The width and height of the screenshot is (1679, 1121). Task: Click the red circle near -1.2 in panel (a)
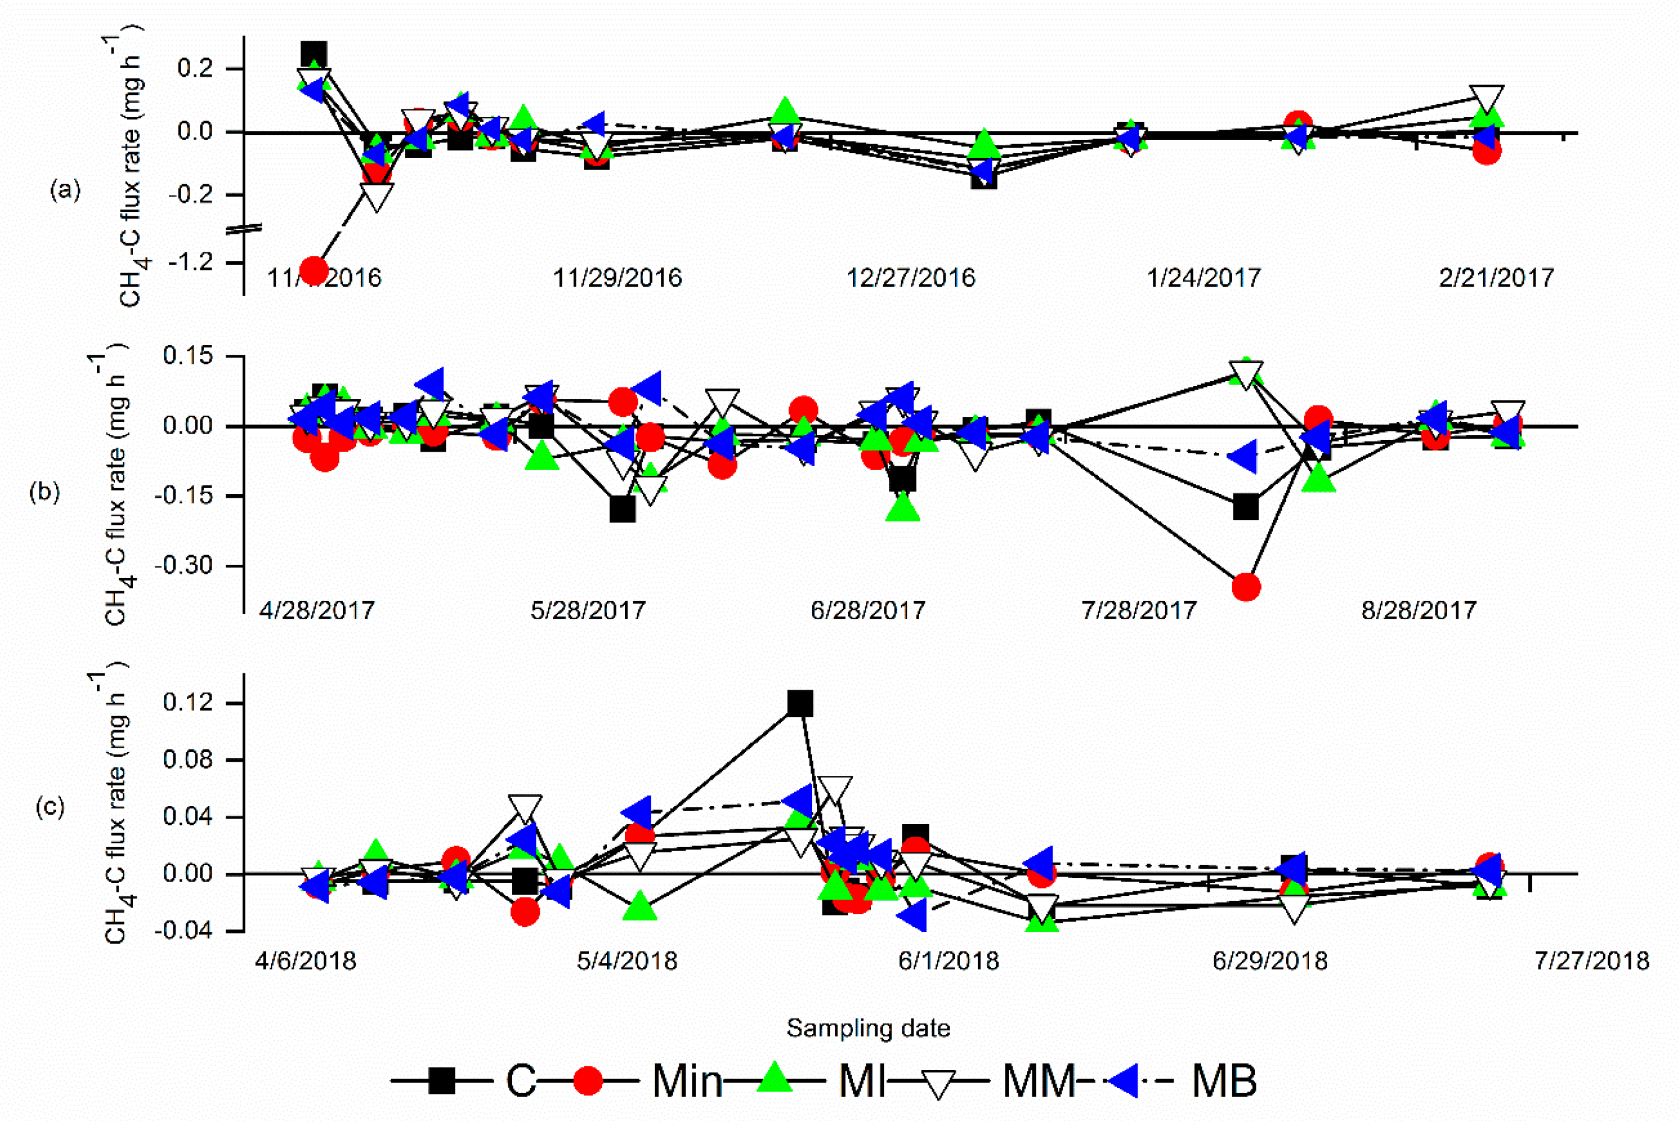click(x=314, y=270)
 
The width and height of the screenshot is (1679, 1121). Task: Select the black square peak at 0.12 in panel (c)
click(x=800, y=704)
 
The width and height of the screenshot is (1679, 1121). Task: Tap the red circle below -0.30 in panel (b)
click(x=1246, y=587)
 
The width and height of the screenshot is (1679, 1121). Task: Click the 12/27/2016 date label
click(x=910, y=278)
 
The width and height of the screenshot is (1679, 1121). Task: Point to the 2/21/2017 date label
click(x=1496, y=278)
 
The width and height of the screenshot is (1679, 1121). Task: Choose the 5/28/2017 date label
click(x=588, y=611)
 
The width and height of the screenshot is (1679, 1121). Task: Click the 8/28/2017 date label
click(x=1418, y=611)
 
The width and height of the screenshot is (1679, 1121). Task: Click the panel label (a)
click(x=65, y=190)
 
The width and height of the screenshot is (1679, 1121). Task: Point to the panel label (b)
click(x=44, y=492)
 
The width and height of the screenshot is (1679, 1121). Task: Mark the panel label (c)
click(x=50, y=806)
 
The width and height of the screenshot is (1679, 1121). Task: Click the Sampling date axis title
click(x=868, y=1028)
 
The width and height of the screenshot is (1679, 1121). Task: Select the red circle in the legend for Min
click(x=589, y=1080)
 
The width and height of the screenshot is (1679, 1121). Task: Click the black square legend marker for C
click(x=442, y=1080)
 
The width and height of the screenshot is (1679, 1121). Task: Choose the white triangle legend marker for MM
click(x=939, y=1083)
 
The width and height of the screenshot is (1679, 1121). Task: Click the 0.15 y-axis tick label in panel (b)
click(x=187, y=356)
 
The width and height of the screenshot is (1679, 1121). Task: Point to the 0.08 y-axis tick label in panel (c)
click(x=187, y=760)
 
